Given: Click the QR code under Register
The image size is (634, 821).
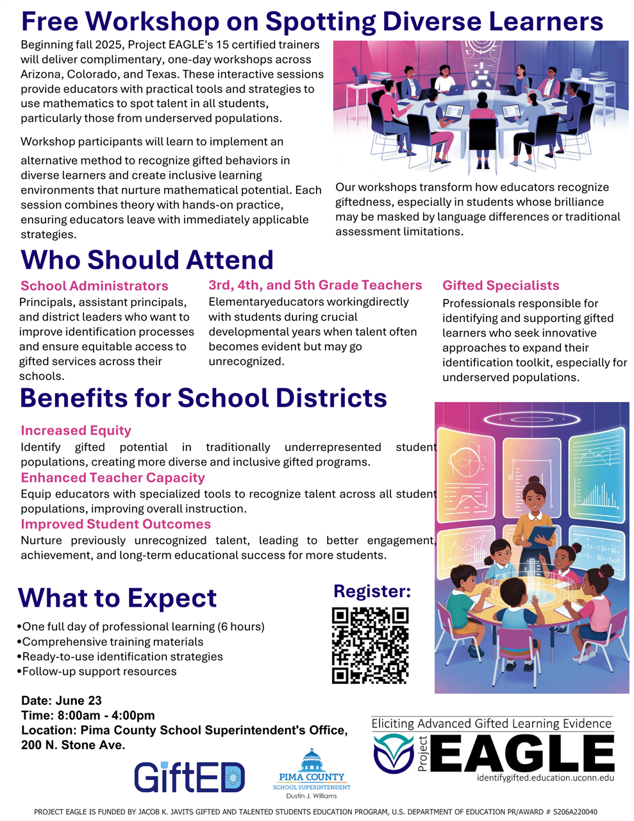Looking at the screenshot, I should click(x=370, y=645).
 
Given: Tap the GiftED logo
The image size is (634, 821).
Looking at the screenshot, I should click(x=189, y=777).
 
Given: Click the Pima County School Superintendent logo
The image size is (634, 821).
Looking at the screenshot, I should click(x=312, y=773).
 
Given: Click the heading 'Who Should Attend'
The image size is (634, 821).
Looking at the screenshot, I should click(x=147, y=260).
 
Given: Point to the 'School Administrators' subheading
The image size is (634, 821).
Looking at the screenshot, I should click(x=94, y=286).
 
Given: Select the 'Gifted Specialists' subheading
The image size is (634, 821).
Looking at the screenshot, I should click(x=501, y=285).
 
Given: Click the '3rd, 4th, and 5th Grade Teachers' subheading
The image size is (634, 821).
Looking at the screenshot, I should click(x=315, y=285).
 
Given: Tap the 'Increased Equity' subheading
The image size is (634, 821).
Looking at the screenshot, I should click(x=76, y=430).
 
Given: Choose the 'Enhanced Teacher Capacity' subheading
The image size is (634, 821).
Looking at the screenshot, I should click(x=113, y=477).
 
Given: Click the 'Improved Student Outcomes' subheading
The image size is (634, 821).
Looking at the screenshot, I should click(x=115, y=524).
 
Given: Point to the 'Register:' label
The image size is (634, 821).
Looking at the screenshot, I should click(x=372, y=591).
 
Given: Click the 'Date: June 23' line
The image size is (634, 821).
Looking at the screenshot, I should click(x=62, y=700).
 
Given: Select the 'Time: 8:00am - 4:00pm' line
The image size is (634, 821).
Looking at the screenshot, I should click(x=88, y=715).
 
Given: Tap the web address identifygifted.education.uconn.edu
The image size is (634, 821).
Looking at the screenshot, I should click(x=545, y=777).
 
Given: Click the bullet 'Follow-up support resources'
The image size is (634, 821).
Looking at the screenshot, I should click(x=99, y=672).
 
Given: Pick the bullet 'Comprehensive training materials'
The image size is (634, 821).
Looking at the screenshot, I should click(x=112, y=641).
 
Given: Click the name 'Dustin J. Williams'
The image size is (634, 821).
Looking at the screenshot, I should click(x=312, y=796).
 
